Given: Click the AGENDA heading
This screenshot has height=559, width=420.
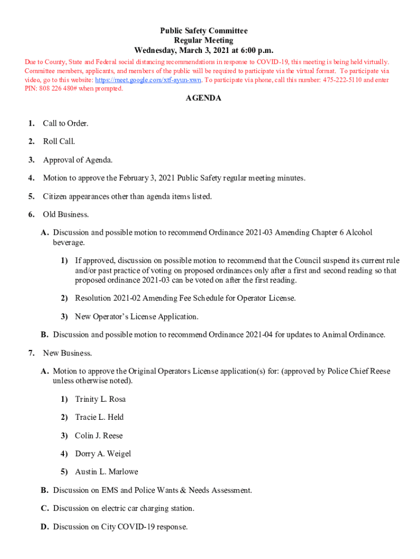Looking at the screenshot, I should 203,98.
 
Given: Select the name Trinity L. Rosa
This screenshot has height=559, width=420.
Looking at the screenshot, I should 100,399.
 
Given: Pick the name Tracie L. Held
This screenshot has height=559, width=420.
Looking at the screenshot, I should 99,417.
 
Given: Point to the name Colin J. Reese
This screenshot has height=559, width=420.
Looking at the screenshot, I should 99,436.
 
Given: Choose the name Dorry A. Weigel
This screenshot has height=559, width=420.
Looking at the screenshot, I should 103,454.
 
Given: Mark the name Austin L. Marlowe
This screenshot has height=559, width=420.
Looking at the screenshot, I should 106,472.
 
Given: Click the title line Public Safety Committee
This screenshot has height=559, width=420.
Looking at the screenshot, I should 203,31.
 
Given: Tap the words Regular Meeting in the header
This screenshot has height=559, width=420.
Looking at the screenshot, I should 203,40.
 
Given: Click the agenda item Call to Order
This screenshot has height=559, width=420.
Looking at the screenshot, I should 65,123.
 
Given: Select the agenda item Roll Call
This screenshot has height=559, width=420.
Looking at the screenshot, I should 59,141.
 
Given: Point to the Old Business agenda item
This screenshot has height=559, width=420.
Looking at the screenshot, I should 65,215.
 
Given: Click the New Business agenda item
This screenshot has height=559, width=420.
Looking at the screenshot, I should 67,353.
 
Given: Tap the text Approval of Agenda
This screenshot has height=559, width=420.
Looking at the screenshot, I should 78,160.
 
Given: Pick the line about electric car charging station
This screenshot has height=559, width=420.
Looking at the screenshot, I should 123,508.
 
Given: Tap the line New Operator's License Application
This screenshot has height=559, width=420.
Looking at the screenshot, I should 136,317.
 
